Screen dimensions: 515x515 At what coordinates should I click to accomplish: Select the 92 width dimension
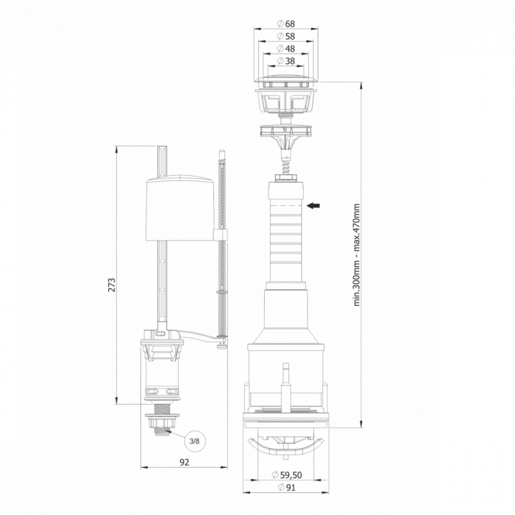pos(185,462)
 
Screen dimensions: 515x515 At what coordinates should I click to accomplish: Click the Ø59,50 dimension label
pos(287,475)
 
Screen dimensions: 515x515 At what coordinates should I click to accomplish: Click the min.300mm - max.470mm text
pos(357,254)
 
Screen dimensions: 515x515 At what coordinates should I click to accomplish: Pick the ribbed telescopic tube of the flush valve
pos(285,235)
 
